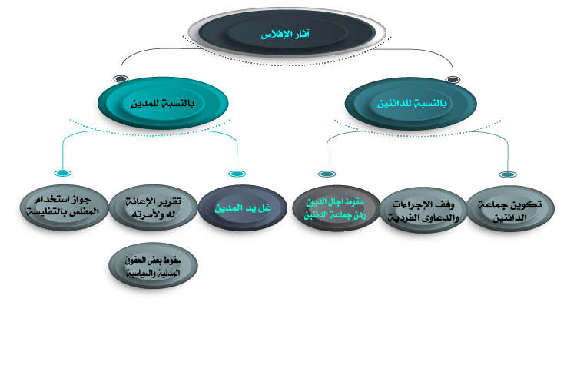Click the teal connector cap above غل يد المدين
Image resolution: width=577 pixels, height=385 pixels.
tap(237, 174)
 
